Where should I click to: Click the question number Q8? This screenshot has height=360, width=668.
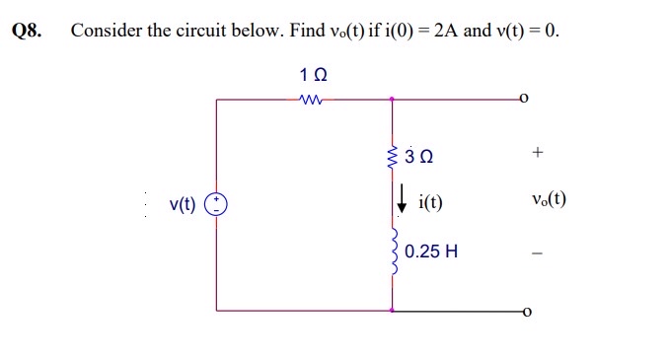27,30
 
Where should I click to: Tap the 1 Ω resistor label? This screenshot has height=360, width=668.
313,75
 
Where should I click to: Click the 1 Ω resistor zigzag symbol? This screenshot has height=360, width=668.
313,99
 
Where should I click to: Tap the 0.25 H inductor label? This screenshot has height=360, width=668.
431,252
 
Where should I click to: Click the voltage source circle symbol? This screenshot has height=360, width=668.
216,205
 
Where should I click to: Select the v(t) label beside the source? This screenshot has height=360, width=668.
183,205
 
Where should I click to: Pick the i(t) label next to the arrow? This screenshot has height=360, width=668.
430,204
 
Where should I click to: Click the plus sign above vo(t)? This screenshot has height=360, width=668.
537,153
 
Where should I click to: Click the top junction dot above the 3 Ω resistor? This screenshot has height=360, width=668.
394,99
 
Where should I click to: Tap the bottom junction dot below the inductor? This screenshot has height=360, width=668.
394,311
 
